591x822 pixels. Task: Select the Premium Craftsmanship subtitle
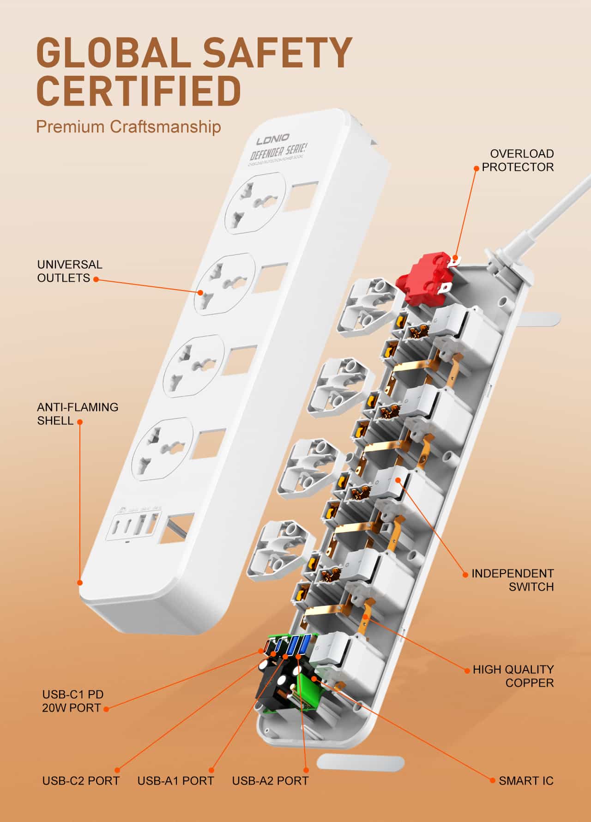128,127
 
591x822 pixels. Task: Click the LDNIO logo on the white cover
273,138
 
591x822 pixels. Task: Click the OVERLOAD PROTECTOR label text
518,160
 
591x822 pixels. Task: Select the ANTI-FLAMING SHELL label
77,413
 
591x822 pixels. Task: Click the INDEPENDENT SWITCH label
513,580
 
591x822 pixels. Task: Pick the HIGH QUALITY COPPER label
513,676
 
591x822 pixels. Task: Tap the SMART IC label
526,781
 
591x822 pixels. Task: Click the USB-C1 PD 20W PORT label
72,701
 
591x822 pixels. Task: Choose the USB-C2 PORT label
81,781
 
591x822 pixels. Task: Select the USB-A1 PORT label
175,781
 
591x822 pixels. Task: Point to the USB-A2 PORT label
270,781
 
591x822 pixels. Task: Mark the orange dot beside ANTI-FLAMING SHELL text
80,422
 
